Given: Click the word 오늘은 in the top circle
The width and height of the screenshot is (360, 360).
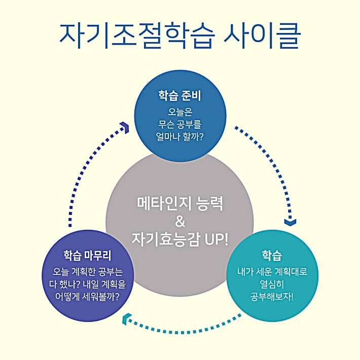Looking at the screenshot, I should tap(180, 111).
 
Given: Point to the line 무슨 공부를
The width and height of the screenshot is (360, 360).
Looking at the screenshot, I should tap(180, 123).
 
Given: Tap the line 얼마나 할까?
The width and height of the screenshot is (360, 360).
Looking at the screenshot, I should tap(180, 136).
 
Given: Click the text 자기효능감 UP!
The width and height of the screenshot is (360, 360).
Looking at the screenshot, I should tap(180, 239).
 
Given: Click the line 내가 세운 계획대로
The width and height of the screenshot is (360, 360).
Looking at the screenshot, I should tap(272, 271).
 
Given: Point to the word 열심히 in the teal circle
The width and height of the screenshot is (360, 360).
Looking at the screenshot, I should tap(272, 283).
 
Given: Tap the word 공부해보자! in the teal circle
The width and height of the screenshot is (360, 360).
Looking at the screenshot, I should tap(272, 296).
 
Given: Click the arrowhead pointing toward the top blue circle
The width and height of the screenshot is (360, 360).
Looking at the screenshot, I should tap(124, 127).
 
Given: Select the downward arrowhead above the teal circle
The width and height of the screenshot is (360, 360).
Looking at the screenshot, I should tap(290, 222).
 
